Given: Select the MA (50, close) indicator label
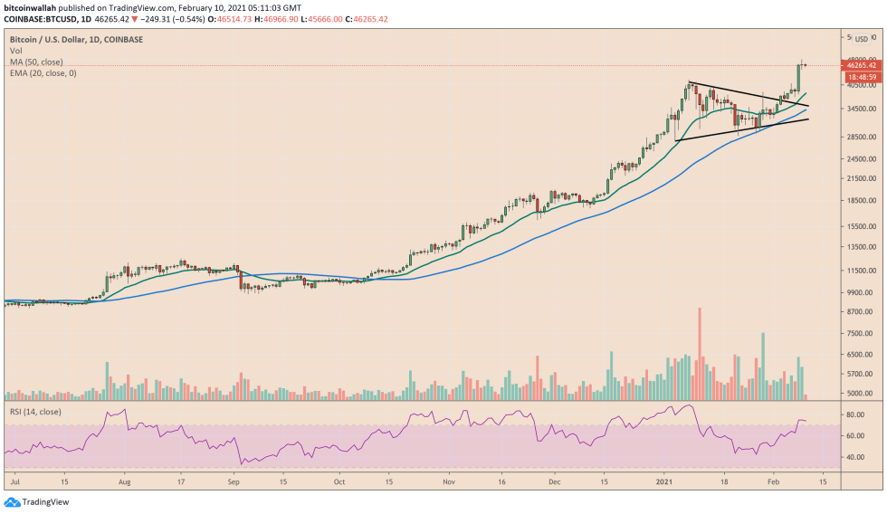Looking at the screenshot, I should [36, 62].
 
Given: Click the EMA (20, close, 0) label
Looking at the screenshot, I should [42, 72].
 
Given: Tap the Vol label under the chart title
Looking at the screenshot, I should [15, 51].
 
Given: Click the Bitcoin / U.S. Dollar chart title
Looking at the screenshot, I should [52, 40].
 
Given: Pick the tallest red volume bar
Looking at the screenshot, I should [700, 354].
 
